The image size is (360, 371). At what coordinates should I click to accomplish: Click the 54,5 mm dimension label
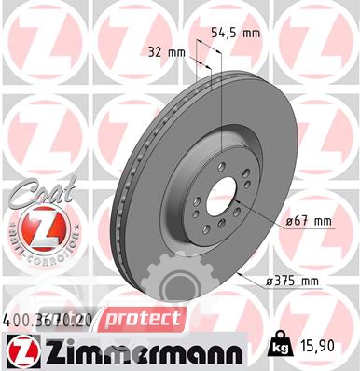coord(235,33)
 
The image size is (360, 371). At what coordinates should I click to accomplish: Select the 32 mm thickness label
coord(167,52)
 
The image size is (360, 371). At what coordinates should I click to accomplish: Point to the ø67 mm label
coord(309,221)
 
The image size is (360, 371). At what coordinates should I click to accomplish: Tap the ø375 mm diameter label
coord(293,282)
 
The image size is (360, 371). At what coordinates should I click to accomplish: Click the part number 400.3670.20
coord(48,321)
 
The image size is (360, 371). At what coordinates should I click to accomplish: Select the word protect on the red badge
coord(143,319)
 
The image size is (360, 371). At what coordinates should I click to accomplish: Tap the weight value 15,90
coord(318,346)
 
